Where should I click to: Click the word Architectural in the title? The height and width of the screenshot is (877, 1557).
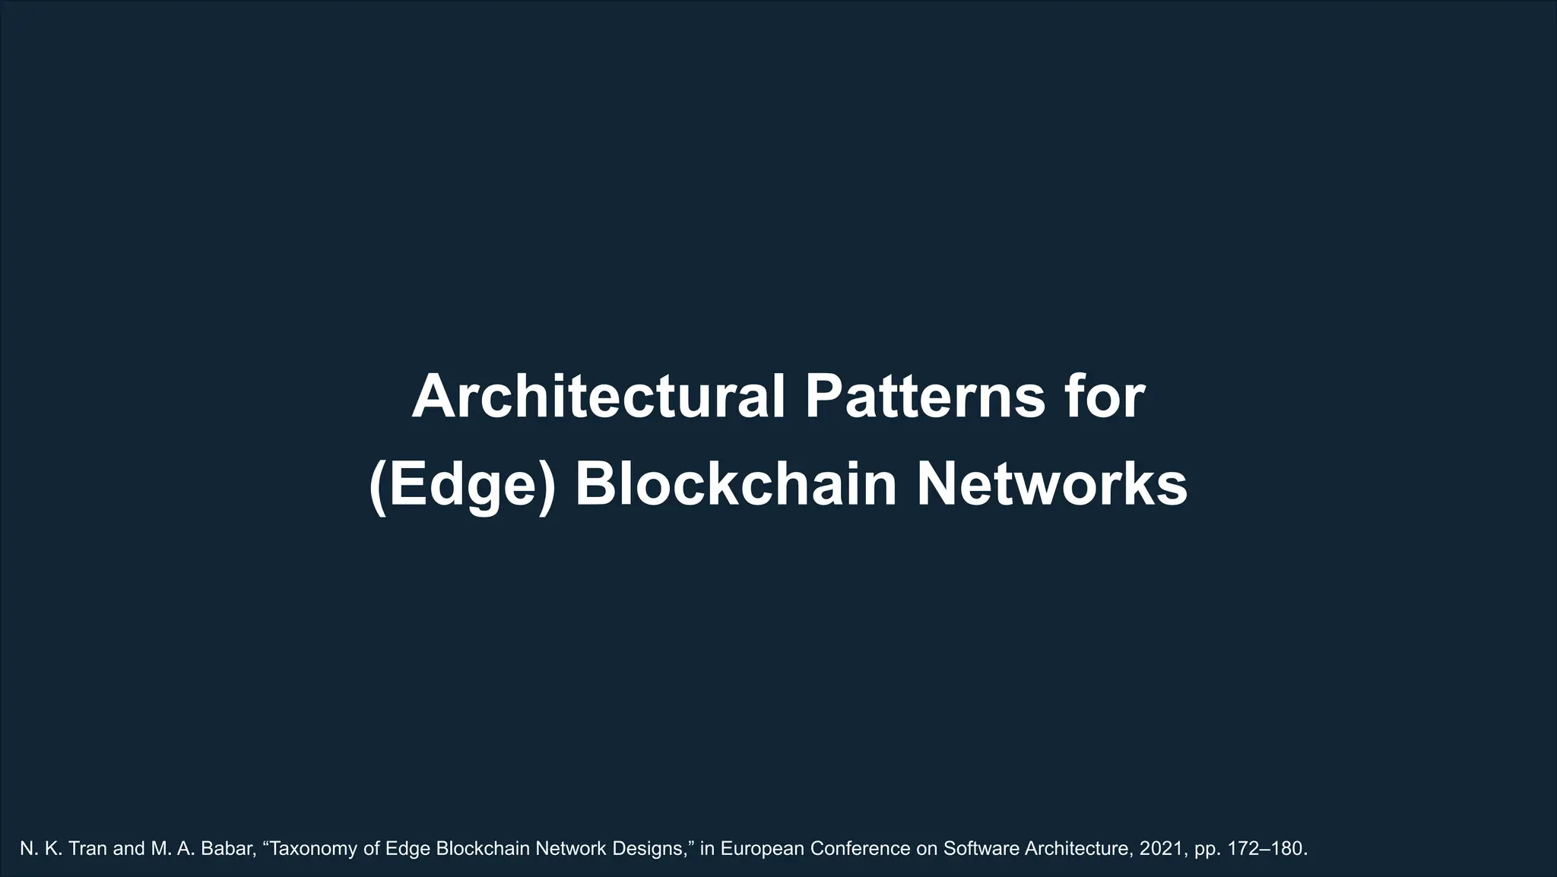pos(598,397)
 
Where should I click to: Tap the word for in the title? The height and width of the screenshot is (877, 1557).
pos(1111,397)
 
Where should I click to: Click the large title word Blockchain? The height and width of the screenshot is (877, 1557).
pos(736,484)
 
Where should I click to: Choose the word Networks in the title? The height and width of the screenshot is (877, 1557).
pos(1051,484)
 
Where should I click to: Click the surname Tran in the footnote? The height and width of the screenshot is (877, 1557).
pos(87,849)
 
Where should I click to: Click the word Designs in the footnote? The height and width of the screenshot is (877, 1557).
pos(658,849)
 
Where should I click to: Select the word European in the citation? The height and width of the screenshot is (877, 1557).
pos(762,849)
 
